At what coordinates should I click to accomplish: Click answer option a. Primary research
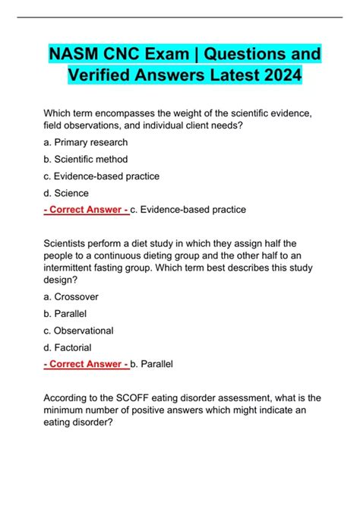point(86,142)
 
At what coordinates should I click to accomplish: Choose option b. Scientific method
point(87,159)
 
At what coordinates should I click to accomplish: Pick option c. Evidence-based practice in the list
point(102,176)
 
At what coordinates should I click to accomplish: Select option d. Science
point(67,193)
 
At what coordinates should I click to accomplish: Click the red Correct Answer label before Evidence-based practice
point(87,210)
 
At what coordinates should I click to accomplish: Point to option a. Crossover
point(71,296)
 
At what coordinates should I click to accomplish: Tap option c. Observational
point(79,331)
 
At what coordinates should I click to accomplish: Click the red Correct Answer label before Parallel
point(87,364)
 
